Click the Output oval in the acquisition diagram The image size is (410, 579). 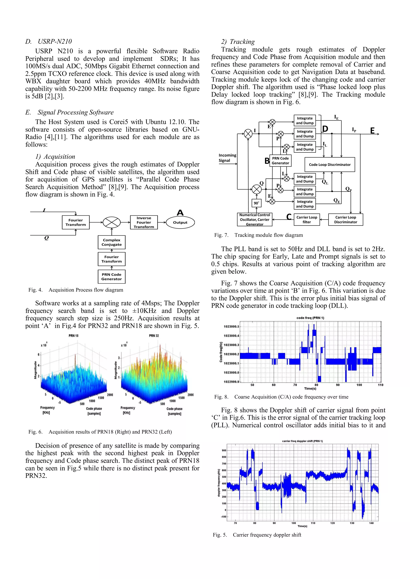(180, 222)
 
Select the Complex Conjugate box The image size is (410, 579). (112, 242)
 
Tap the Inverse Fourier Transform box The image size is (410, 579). (144, 222)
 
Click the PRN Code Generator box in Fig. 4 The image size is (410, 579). (112, 277)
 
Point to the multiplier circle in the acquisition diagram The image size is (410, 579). (112, 222)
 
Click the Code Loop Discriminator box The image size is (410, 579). (330, 165)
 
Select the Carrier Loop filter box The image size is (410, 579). (307, 220)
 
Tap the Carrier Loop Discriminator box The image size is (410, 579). (345, 220)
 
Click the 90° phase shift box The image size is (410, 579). (256, 203)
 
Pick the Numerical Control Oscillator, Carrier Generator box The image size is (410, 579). (254, 220)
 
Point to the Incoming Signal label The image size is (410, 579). (227, 158)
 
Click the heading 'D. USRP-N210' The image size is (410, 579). (48, 41)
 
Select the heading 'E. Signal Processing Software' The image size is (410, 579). (69, 112)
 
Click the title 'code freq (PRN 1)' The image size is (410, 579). (310, 318)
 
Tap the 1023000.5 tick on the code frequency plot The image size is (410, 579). (231, 327)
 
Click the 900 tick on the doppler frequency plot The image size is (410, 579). (224, 450)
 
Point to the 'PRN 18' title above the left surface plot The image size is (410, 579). (73, 336)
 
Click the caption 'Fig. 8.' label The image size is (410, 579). (221, 397)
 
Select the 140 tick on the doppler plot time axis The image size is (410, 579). (371, 523)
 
